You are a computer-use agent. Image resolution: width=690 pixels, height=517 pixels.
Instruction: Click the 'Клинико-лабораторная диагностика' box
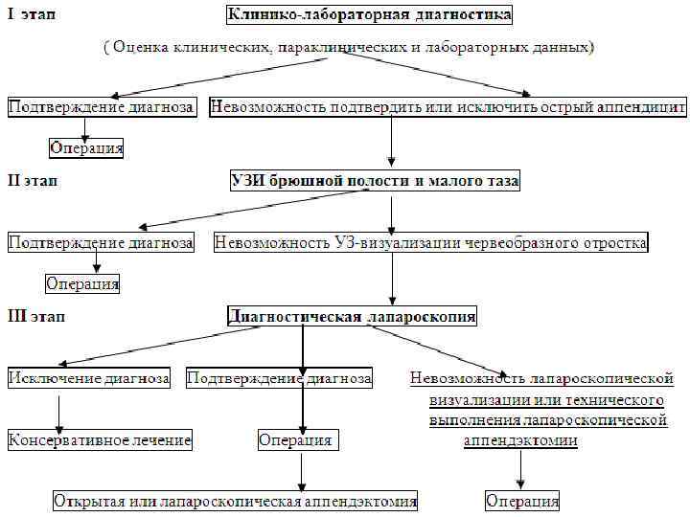pyautogui.click(x=369, y=14)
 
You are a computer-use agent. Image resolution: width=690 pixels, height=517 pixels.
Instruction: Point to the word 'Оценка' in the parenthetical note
pyautogui.click(x=143, y=47)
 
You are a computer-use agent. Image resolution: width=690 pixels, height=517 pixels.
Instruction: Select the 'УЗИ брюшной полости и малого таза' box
pyautogui.click(x=375, y=181)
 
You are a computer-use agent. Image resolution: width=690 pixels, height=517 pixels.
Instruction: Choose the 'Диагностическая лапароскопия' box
pyautogui.click(x=352, y=317)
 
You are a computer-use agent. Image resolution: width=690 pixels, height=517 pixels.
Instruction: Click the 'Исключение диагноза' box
pyautogui.click(x=89, y=378)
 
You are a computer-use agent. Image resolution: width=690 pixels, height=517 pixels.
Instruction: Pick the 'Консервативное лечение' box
pyautogui.click(x=100, y=440)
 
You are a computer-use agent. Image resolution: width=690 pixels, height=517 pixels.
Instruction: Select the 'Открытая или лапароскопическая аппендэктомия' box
pyautogui.click(x=236, y=501)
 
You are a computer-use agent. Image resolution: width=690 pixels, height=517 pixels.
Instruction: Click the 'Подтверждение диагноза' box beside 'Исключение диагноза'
pyautogui.click(x=279, y=378)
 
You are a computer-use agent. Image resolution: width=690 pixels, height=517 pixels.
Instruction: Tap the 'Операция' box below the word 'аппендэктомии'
pyautogui.click(x=522, y=502)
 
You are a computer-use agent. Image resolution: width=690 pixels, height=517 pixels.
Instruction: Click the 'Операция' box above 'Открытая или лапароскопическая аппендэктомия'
pyautogui.click(x=296, y=440)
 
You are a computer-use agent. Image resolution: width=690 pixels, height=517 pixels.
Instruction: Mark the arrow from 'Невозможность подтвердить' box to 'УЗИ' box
pyautogui.click(x=392, y=141)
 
